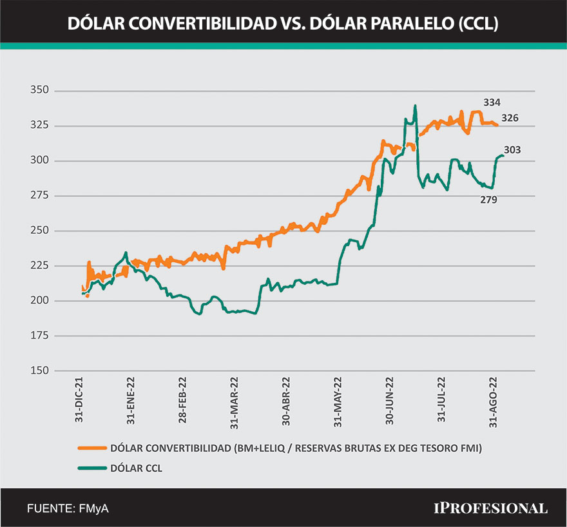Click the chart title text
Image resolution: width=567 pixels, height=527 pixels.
point(283,24)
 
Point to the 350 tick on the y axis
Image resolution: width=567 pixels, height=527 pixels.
point(39,91)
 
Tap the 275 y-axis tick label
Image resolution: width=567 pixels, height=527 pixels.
point(39,196)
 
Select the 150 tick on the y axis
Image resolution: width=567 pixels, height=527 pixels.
point(39,371)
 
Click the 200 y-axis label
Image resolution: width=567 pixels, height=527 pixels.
point(39,301)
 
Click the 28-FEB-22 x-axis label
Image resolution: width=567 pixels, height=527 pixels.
point(183,399)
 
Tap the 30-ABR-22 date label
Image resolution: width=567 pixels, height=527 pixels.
point(286,399)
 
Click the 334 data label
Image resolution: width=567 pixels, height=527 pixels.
point(492,102)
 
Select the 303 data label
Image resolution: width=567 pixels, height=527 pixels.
point(512,150)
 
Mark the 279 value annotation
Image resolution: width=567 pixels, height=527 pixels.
point(488,200)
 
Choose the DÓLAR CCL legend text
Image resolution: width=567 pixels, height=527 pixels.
point(137,468)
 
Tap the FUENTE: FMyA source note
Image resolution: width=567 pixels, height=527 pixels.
point(68,508)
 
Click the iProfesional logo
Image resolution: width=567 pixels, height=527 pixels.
point(490,508)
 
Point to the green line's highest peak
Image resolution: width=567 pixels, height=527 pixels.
point(415,106)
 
